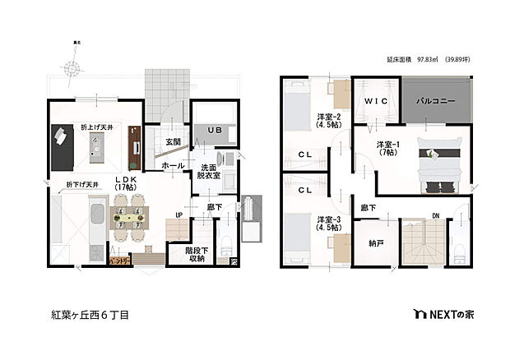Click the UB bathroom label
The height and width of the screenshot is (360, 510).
point(213,130)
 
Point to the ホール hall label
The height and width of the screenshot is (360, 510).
point(173,165)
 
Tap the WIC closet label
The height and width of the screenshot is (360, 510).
point(376,101)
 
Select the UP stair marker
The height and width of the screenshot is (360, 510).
point(178,215)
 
